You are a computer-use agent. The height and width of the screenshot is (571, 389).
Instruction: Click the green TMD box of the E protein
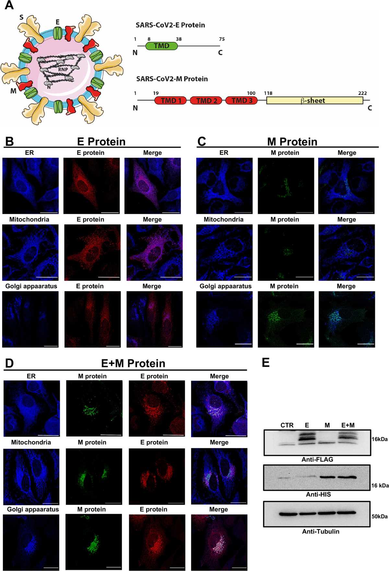[162, 46]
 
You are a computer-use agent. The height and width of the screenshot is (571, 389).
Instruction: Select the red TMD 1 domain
[171, 101]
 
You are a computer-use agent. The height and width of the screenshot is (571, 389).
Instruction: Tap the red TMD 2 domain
[206, 101]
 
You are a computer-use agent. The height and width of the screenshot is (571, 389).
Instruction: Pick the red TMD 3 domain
[242, 101]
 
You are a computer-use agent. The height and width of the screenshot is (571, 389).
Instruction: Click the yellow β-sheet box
[315, 101]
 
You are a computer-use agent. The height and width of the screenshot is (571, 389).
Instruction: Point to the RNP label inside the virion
[63, 69]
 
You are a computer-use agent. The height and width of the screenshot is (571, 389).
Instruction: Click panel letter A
[9, 5]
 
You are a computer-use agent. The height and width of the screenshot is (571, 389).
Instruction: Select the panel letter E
[265, 362]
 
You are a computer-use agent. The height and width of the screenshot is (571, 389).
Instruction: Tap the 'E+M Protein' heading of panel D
[133, 363]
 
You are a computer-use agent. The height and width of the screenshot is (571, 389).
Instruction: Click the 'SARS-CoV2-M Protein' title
[172, 79]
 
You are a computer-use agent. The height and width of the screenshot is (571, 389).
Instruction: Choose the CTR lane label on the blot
[287, 425]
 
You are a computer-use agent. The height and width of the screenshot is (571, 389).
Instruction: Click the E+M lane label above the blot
[348, 425]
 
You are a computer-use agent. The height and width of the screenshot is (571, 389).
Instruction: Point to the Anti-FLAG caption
[317, 459]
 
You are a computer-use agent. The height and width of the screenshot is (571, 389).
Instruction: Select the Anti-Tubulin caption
[321, 531]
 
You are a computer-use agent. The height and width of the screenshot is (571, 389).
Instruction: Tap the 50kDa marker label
[380, 516]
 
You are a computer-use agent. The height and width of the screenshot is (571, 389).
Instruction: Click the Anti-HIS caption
[318, 494]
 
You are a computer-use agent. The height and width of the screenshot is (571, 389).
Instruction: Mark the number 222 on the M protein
[362, 93]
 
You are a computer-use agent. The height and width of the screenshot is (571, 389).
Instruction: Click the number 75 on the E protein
[222, 39]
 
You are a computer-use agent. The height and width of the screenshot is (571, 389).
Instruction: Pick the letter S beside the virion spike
[21, 17]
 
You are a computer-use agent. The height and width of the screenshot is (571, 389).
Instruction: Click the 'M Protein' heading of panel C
[292, 142]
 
